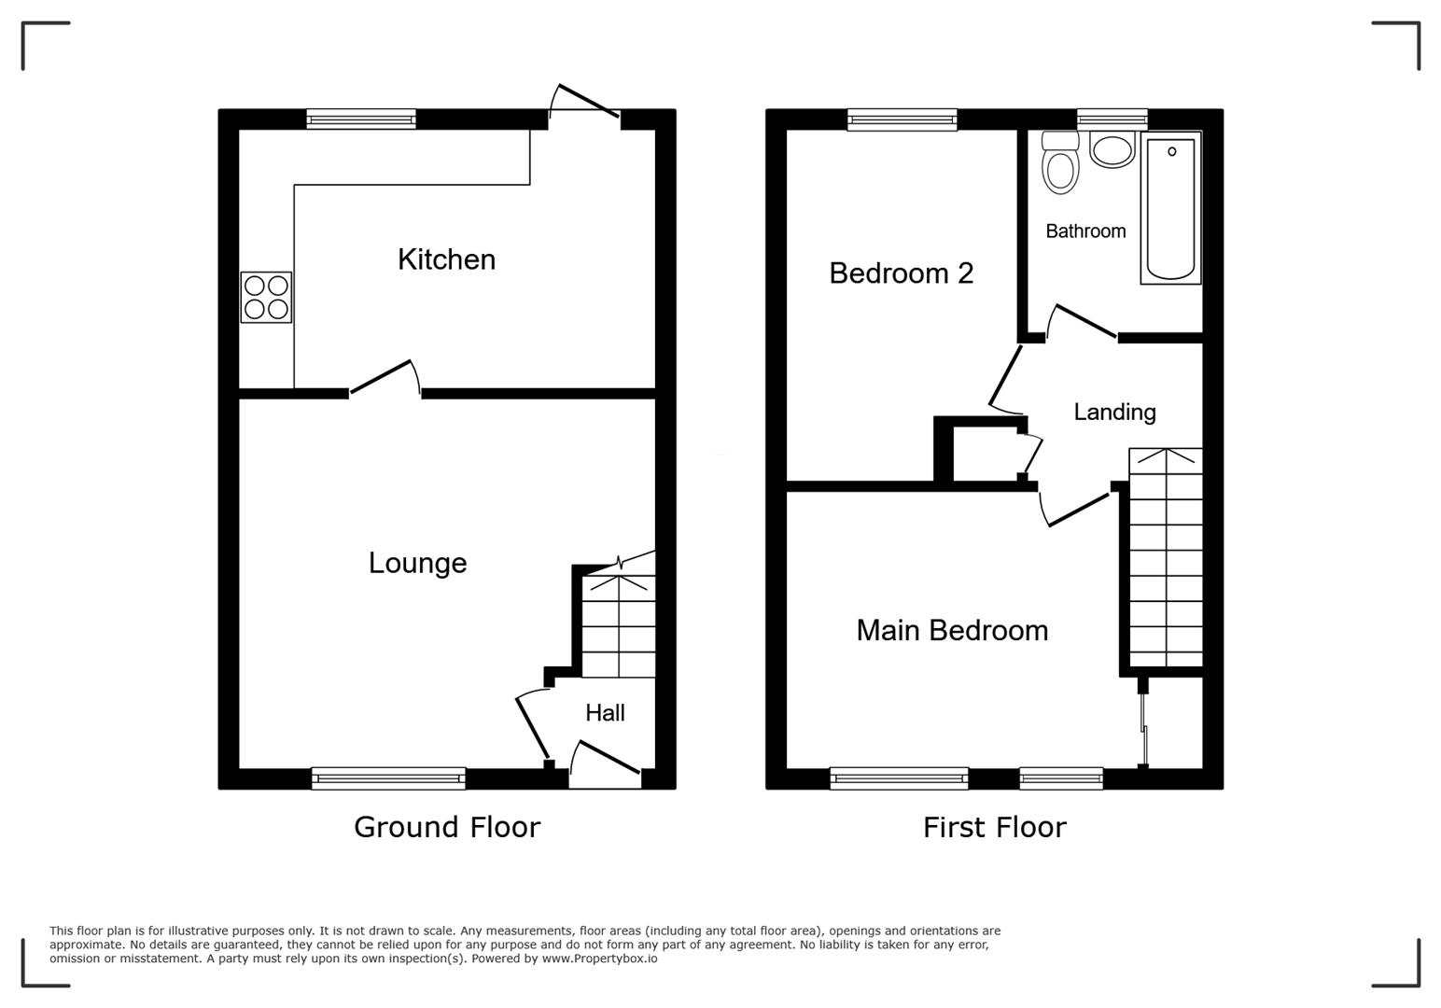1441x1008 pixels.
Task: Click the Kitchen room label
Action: click(446, 259)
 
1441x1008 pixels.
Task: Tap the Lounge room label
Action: click(417, 563)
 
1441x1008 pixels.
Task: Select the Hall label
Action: click(605, 713)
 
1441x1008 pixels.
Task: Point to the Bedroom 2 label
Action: click(901, 273)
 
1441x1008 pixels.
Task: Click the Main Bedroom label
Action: click(952, 630)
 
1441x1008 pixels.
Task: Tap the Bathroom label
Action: click(1084, 231)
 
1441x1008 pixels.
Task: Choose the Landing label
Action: click(1114, 412)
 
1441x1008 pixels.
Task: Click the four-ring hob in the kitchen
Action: click(266, 297)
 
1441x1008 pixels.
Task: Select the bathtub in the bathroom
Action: click(1170, 208)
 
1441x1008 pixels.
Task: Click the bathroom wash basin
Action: click(1112, 150)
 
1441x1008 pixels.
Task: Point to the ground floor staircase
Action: click(618, 625)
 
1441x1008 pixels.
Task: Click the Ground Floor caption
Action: click(447, 827)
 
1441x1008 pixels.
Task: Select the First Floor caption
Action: click(994, 827)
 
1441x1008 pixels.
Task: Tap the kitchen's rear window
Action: click(361, 119)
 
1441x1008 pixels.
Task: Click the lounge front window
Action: click(388, 777)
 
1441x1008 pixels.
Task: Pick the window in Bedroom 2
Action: click(902, 119)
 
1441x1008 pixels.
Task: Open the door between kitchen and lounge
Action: click(384, 378)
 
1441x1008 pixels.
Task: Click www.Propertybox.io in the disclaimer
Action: click(599, 959)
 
